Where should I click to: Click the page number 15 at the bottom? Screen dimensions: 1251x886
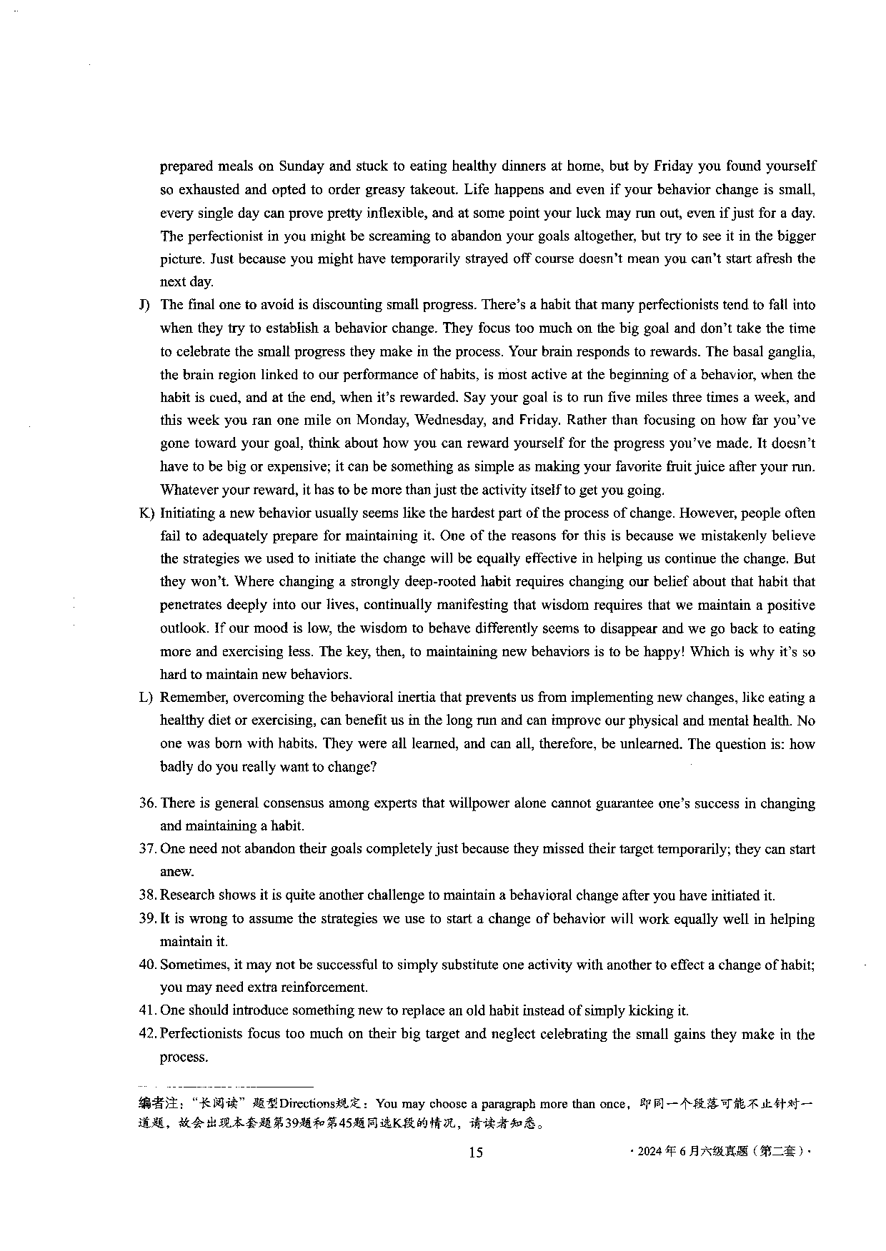[x=476, y=1152]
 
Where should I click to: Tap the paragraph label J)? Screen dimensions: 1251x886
[x=144, y=305]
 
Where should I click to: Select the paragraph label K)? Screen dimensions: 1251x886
[x=146, y=513]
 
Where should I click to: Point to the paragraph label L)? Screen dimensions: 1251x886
[x=145, y=698]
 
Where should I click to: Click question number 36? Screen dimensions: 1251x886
[x=147, y=803]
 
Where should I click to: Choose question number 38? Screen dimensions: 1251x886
[x=147, y=895]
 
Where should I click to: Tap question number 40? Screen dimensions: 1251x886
[x=147, y=965]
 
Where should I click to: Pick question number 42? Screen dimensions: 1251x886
[x=147, y=1034]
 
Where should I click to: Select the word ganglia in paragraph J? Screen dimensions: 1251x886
[x=793, y=351]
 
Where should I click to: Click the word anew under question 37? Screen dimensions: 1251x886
[x=176, y=872]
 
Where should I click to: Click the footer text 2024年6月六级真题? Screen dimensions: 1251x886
[x=722, y=1151]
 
